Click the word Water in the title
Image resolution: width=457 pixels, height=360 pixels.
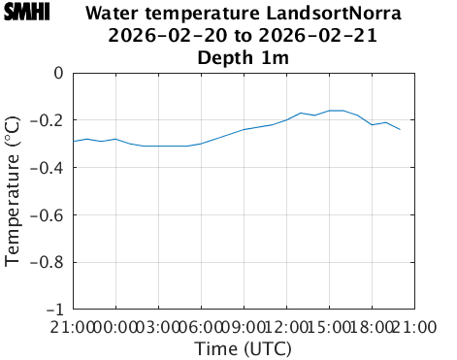(112, 15)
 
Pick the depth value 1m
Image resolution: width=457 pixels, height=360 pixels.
(277, 57)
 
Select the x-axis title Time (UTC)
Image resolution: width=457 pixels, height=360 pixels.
(244, 348)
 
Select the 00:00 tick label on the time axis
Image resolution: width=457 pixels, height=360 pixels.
(115, 327)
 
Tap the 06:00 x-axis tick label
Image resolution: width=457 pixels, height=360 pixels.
(201, 327)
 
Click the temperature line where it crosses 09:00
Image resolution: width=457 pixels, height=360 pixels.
(244, 129)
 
